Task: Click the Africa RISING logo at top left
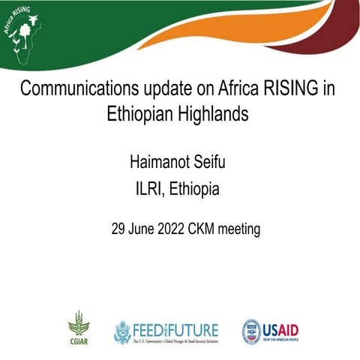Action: click(x=22, y=33)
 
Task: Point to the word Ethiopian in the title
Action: click(x=140, y=115)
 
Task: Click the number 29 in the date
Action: click(x=119, y=229)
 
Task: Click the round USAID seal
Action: click(x=252, y=331)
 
